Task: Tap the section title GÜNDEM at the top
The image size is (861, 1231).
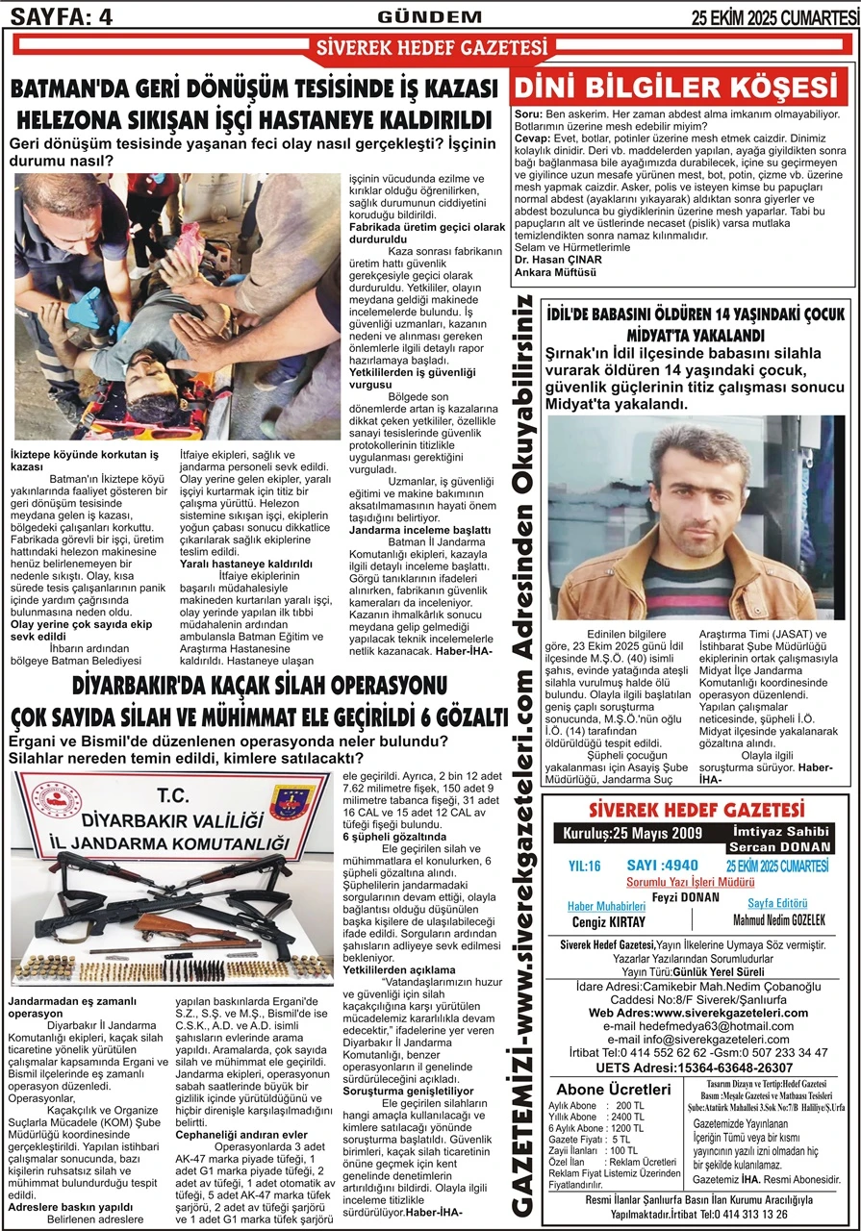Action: click(x=430, y=16)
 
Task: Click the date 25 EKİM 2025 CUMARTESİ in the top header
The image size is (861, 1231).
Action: click(x=775, y=16)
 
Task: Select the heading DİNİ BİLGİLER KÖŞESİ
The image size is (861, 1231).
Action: click(x=684, y=88)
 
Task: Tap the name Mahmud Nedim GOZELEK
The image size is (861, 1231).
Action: click(x=779, y=919)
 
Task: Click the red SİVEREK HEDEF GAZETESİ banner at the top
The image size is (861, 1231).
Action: click(x=432, y=47)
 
